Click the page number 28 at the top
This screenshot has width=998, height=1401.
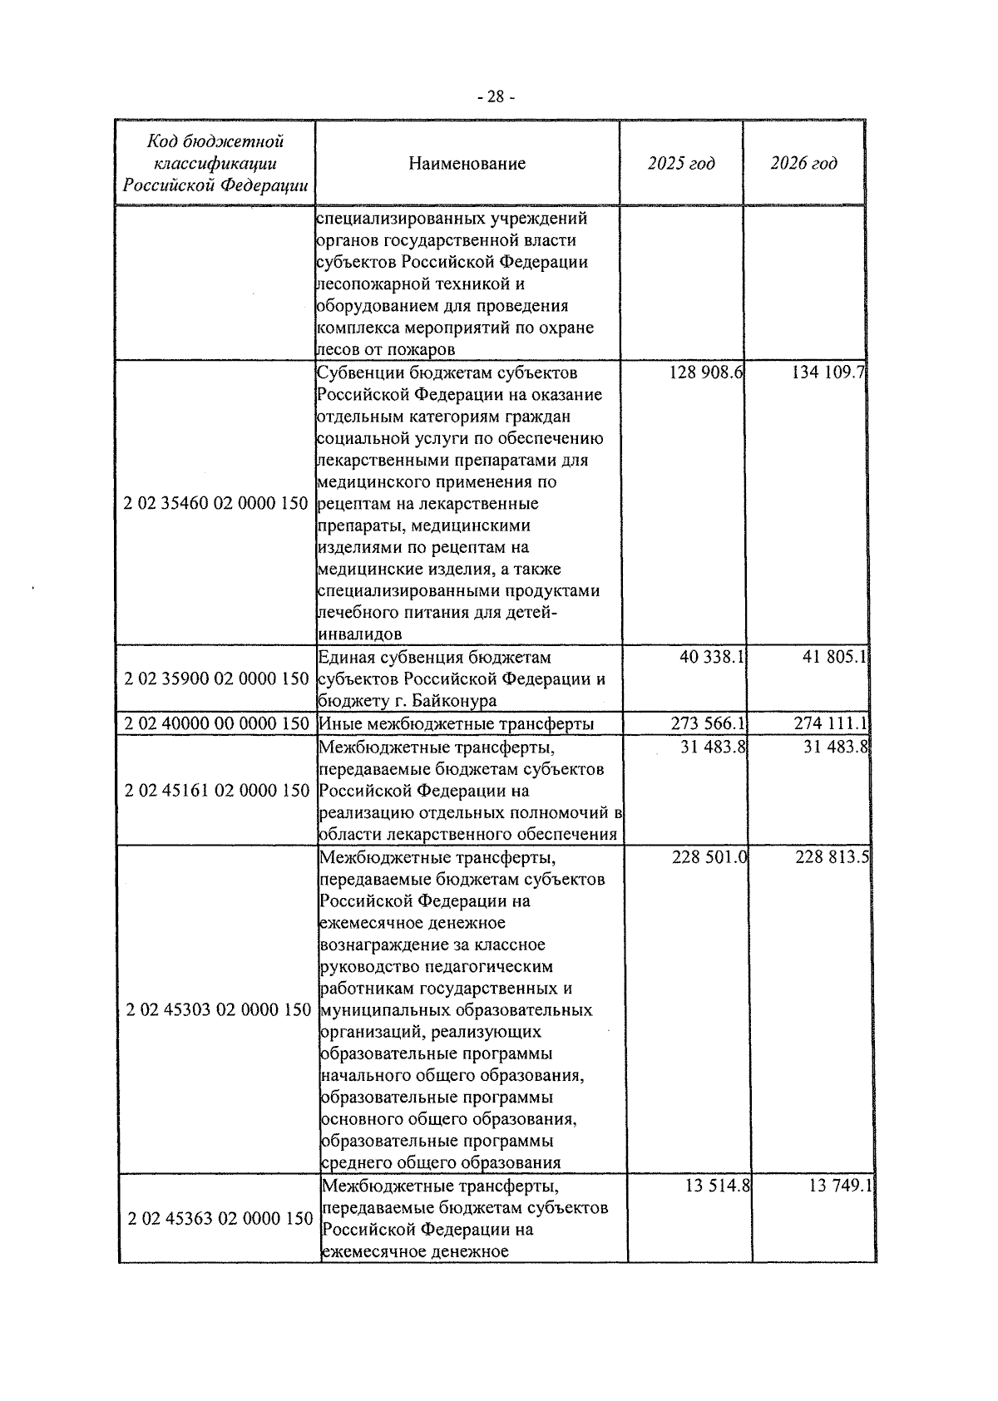(497, 97)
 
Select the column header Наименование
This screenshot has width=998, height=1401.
(467, 164)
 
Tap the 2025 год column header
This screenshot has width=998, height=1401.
(680, 164)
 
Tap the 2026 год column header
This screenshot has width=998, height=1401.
(803, 164)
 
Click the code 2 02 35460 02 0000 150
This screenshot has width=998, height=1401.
(215, 504)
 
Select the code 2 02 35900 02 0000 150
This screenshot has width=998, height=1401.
(216, 678)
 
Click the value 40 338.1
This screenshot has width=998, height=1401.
(710, 657)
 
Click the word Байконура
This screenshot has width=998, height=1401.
(456, 700)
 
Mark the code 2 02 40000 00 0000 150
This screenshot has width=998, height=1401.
(216, 723)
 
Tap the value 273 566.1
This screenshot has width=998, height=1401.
(708, 723)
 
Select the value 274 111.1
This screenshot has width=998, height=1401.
(831, 723)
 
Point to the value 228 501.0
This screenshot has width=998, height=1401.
(709, 857)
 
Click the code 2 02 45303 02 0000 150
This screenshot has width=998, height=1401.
(219, 1010)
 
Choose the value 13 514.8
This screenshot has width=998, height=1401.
(718, 1186)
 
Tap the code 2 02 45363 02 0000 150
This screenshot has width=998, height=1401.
(220, 1219)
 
